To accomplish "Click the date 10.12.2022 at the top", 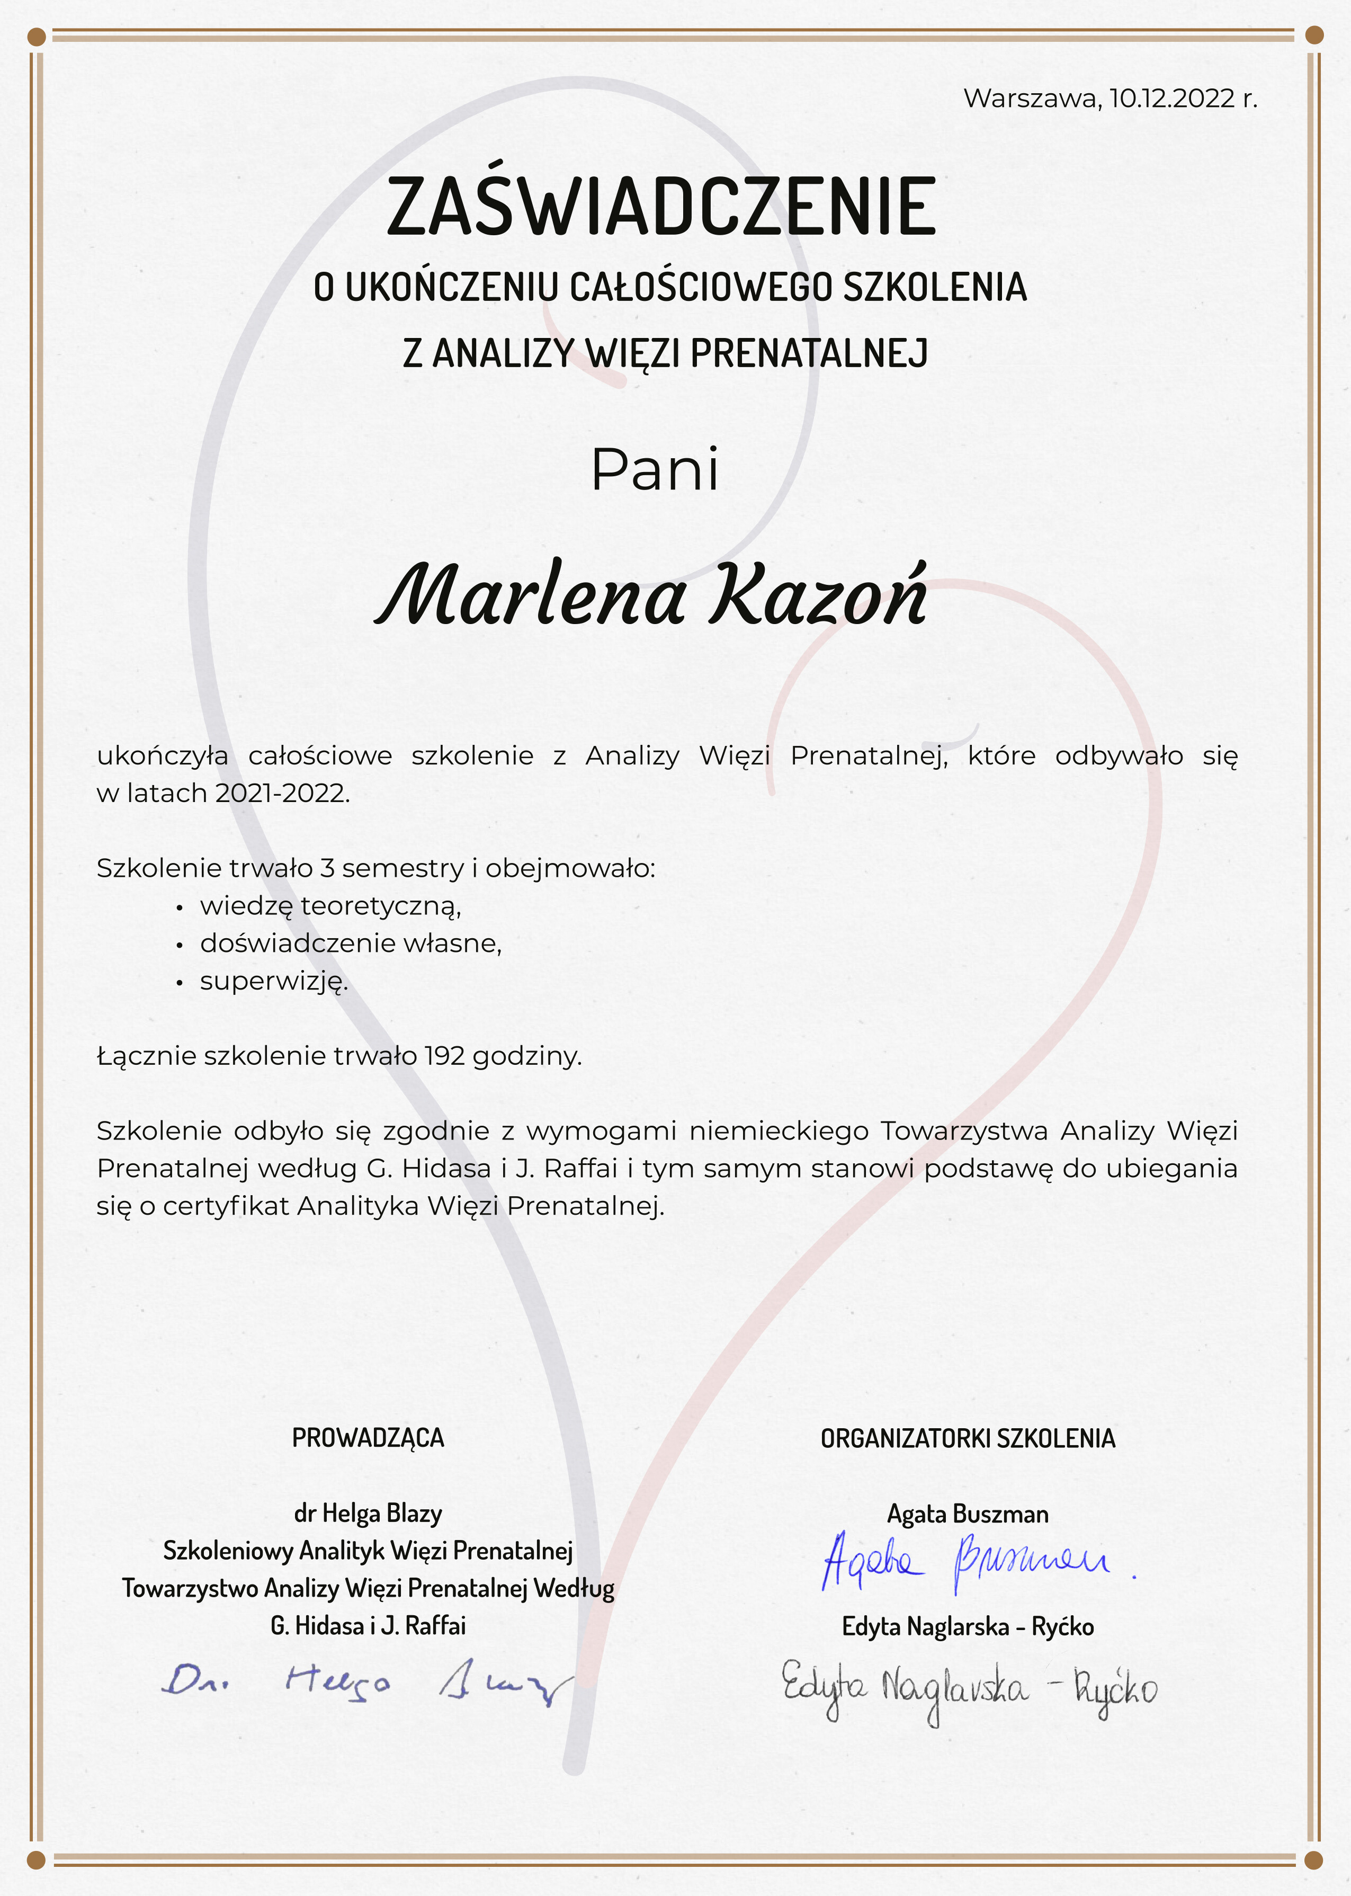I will pos(1172,98).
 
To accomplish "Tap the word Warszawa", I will pos(1032,98).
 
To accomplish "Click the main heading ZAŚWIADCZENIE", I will pos(661,206).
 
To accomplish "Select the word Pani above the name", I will pos(654,470).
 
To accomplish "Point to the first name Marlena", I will pos(532,595).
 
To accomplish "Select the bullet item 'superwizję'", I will pos(273,981).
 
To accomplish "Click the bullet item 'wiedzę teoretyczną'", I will pos(330,905).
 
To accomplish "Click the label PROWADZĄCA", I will pos(368,1438).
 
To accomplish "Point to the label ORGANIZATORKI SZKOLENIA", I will pos(968,1438).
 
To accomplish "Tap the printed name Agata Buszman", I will pos(968,1514).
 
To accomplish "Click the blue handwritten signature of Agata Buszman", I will pos(965,1562).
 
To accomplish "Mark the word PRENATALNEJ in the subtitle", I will pos(809,353).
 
